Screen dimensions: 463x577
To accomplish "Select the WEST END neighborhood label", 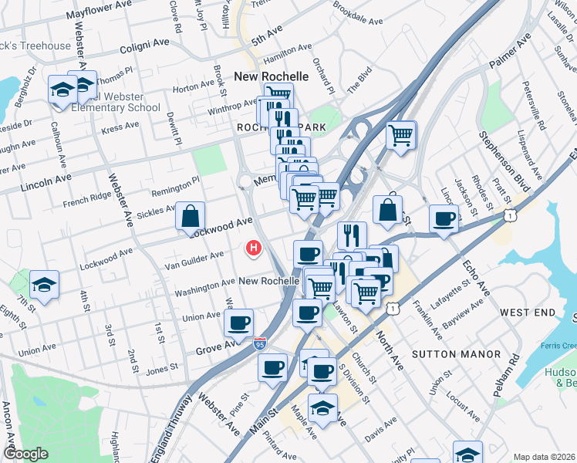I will (x=528, y=313).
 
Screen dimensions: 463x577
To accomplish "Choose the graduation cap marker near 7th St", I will (x=45, y=284).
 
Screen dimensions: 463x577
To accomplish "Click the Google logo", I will (x=25, y=453).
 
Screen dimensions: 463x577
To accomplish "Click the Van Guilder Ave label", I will (x=194, y=255).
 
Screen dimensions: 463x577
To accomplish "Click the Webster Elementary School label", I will (x=114, y=107).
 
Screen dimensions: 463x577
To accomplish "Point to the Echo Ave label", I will (x=477, y=278).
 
